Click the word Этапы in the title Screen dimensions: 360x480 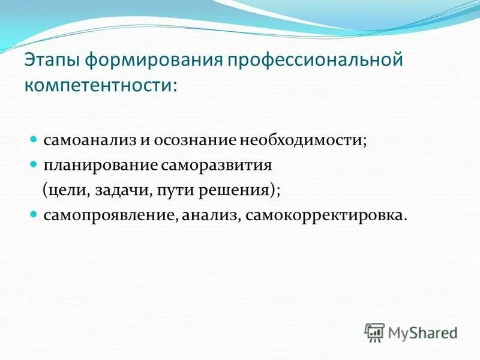(x=55, y=62)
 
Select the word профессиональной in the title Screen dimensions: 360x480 (x=316, y=62)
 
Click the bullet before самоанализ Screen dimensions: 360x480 (x=34, y=139)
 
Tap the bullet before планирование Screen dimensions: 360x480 (x=34, y=163)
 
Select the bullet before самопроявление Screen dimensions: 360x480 (x=34, y=214)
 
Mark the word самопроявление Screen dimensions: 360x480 (x=109, y=214)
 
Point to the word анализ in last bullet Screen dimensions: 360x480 (x=210, y=214)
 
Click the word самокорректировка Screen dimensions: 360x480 (x=323, y=214)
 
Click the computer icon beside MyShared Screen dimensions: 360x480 (x=375, y=332)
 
